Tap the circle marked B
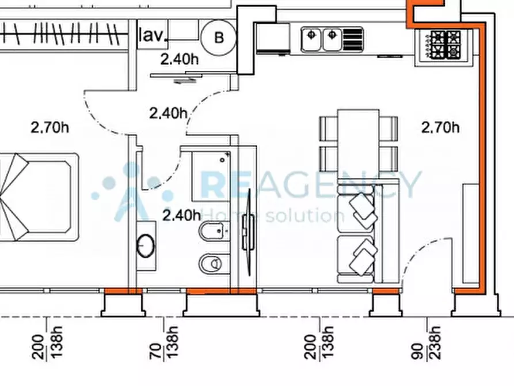(x=219, y=37)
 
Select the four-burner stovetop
(x=445, y=45)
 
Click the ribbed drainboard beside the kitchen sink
(x=353, y=40)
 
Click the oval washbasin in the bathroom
(x=146, y=245)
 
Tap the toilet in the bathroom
(x=210, y=263)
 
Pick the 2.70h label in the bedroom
(x=50, y=127)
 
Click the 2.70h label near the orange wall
(x=440, y=127)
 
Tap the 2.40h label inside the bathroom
(x=182, y=215)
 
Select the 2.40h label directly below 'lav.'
(x=180, y=59)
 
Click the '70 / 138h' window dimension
(x=163, y=342)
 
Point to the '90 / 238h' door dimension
(x=426, y=342)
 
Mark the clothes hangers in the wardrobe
(x=62, y=33)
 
